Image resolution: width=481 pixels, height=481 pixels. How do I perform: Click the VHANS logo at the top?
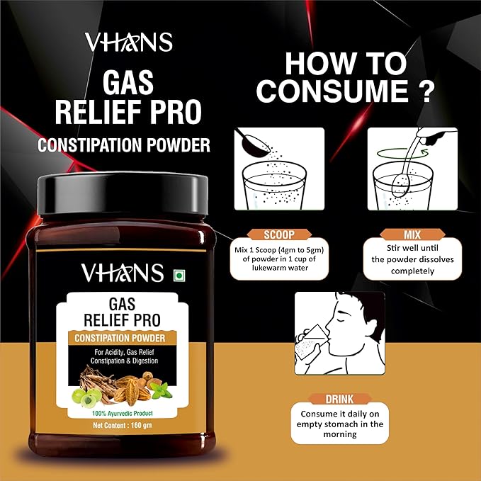(128, 42)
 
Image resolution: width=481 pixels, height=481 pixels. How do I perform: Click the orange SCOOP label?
(278, 234)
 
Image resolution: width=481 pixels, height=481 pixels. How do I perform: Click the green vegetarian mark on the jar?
(178, 273)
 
